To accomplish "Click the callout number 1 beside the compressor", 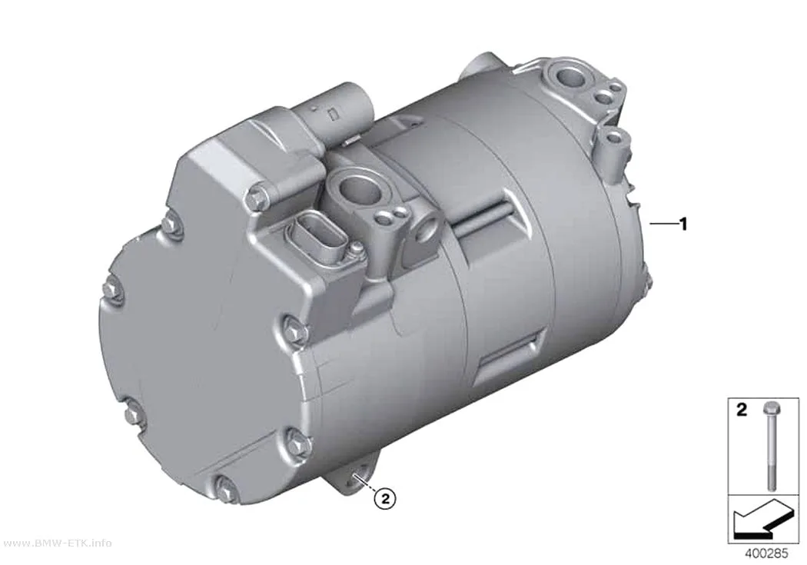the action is (x=683, y=224).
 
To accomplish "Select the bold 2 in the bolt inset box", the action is (x=742, y=410).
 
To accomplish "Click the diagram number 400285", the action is (x=766, y=553).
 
